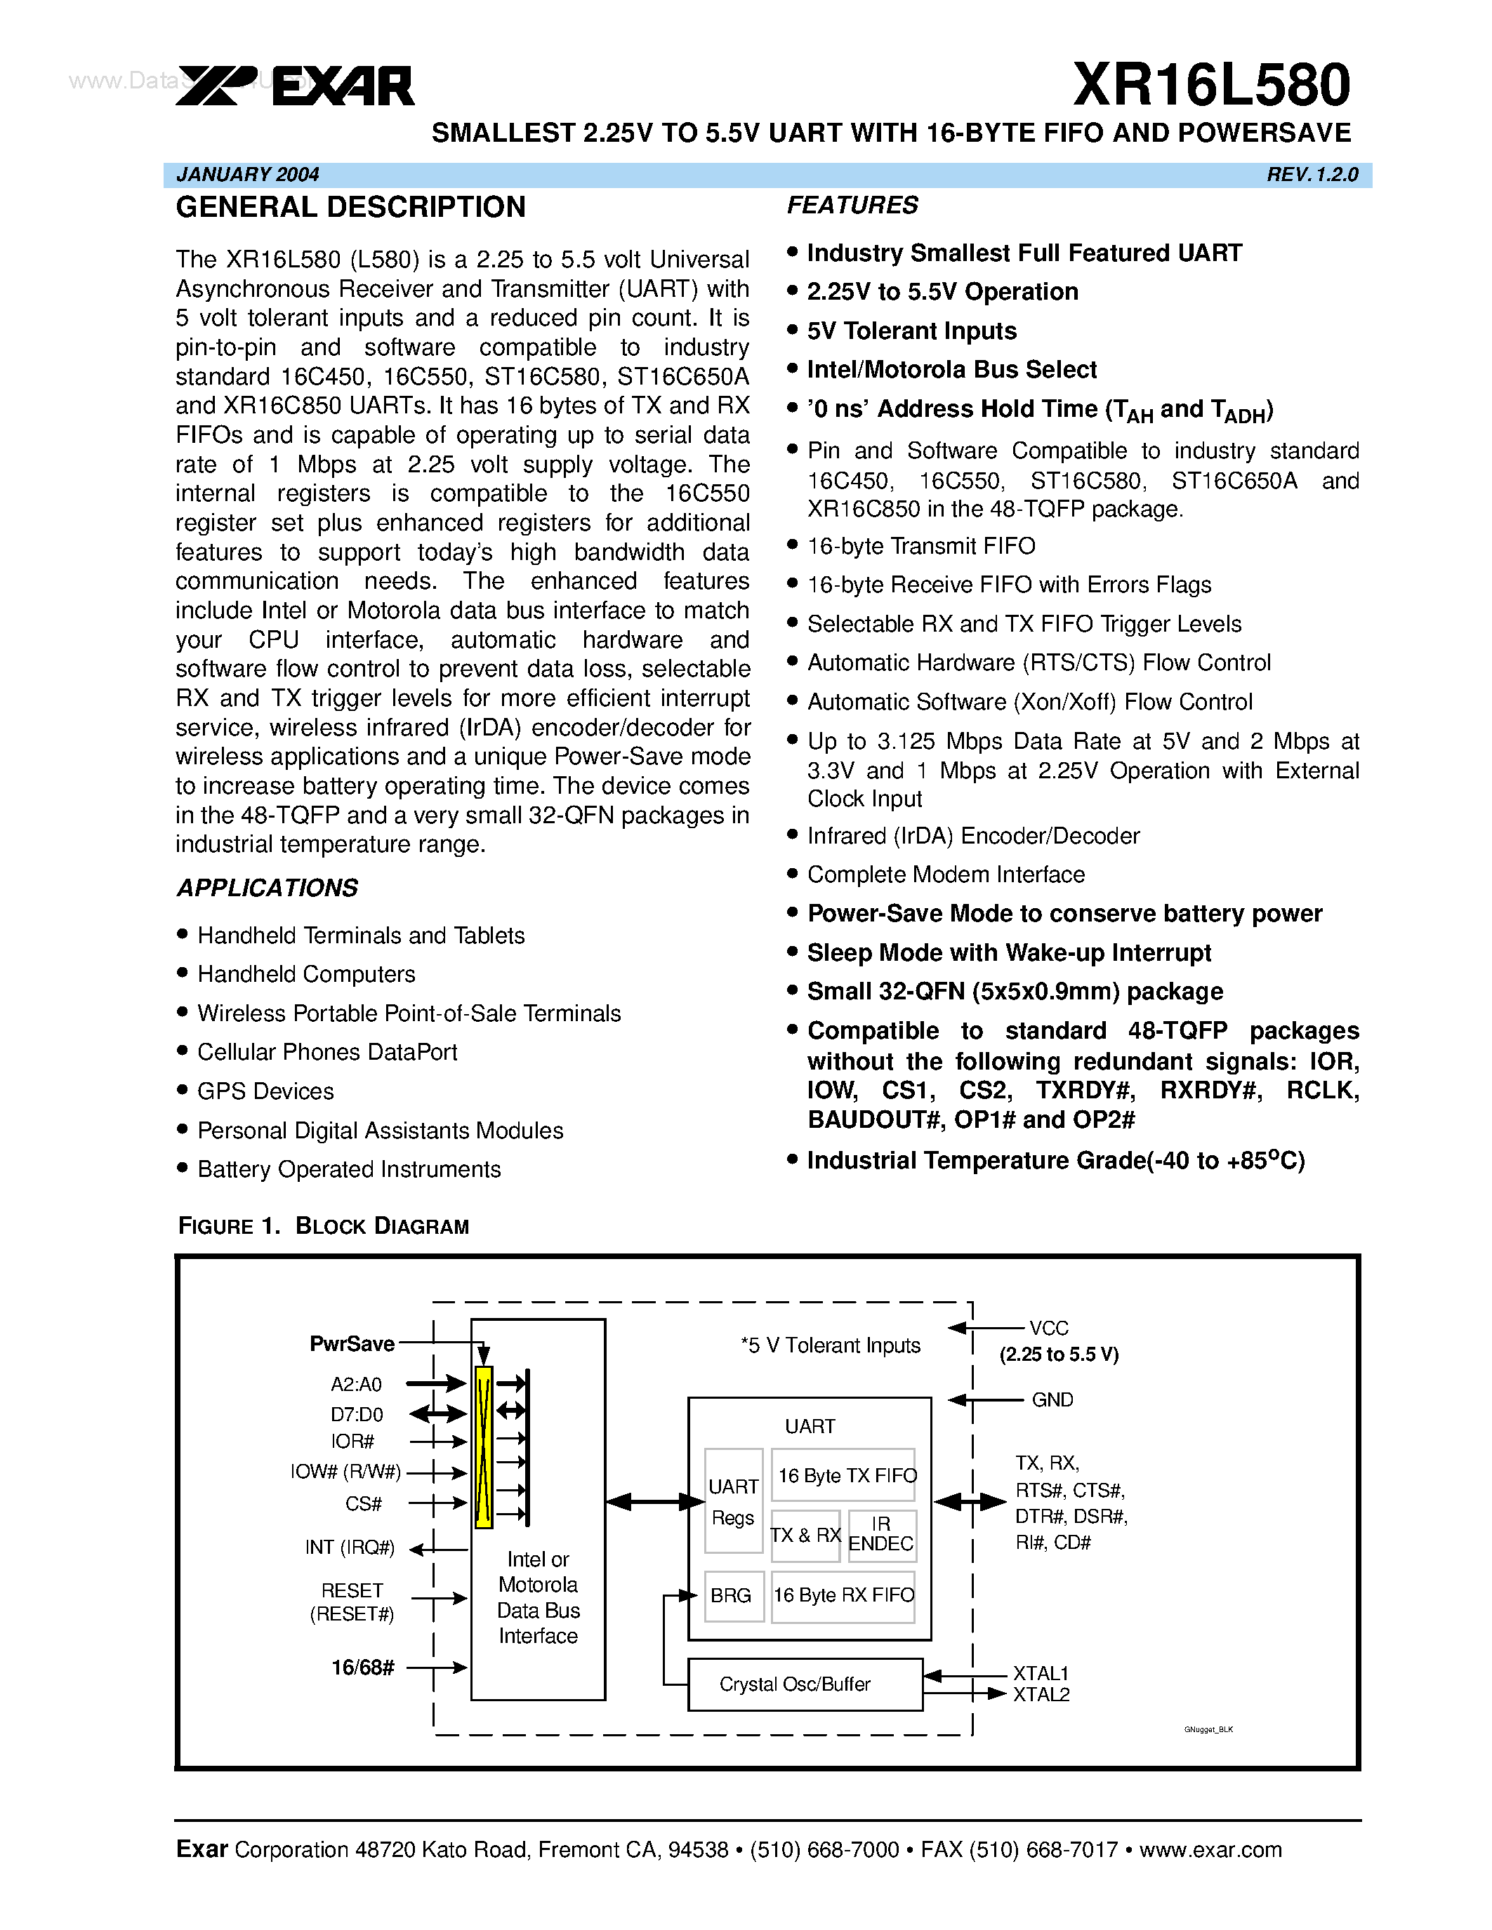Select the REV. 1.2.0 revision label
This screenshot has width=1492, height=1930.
pyautogui.click(x=1312, y=175)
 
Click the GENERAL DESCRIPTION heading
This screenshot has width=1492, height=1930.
pyautogui.click(x=350, y=208)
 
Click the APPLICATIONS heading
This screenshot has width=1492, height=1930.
pyautogui.click(x=267, y=888)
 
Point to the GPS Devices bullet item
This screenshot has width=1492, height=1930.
pyautogui.click(x=265, y=1091)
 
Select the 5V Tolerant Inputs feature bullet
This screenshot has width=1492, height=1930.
pyautogui.click(x=911, y=331)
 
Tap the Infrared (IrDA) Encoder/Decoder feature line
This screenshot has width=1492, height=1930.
pyautogui.click(x=973, y=836)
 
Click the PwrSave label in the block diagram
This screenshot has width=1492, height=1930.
pyautogui.click(x=352, y=1344)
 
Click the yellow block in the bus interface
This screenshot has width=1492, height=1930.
pyautogui.click(x=484, y=1447)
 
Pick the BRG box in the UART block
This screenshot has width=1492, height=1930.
pyautogui.click(x=732, y=1596)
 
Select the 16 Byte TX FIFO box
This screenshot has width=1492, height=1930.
pyautogui.click(x=846, y=1476)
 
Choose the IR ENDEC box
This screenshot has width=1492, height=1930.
pyautogui.click(x=880, y=1535)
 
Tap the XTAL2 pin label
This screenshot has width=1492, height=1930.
pyautogui.click(x=1041, y=1695)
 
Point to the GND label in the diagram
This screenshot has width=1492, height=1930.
pyautogui.click(x=1052, y=1400)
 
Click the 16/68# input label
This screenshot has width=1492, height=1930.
pyautogui.click(x=362, y=1668)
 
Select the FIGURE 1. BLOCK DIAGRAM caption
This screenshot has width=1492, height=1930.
pyautogui.click(x=324, y=1227)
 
